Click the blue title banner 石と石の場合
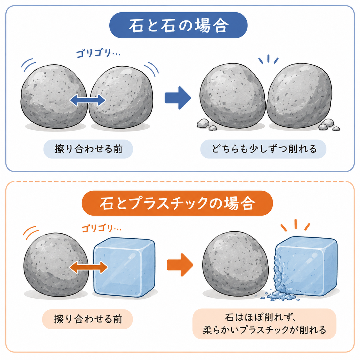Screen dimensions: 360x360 pyautogui.click(x=178, y=25)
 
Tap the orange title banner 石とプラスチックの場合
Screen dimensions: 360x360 pyautogui.click(x=177, y=203)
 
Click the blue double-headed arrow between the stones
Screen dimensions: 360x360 pyautogui.click(x=88, y=100)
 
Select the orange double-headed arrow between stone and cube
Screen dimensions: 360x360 pyautogui.click(x=88, y=267)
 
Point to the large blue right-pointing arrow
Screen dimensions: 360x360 pyautogui.click(x=178, y=98)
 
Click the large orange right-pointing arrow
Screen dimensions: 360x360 pyautogui.click(x=180, y=265)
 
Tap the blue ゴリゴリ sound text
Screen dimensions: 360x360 pyautogui.click(x=98, y=53)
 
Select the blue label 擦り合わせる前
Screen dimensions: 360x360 pyautogui.click(x=88, y=149)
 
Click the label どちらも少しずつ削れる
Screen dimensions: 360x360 pyautogui.click(x=263, y=149)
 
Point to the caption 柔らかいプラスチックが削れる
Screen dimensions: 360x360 pyautogui.click(x=264, y=330)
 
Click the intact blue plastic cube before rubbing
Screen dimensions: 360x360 pyautogui.click(x=124, y=267)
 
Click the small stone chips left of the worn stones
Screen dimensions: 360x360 pyautogui.click(x=206, y=124)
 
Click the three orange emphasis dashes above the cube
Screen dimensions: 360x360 pyautogui.click(x=295, y=225)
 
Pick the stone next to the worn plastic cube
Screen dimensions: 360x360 pyautogui.click(x=235, y=265)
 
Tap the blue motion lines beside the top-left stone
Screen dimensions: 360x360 pyautogui.click(x=28, y=65)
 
